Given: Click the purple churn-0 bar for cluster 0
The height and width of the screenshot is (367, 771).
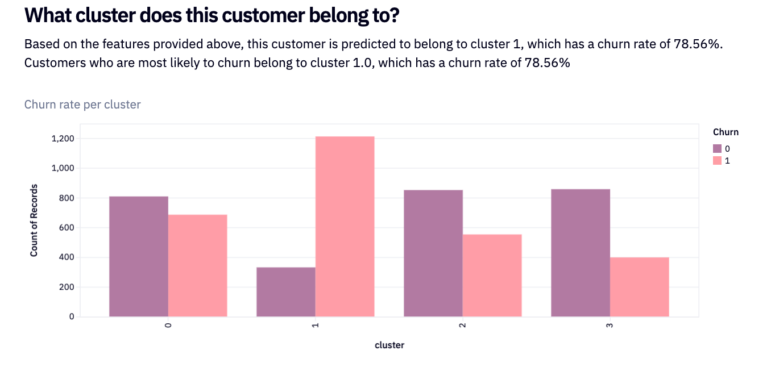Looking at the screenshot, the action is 139,256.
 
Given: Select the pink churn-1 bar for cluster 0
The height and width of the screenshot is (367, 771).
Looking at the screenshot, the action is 197,265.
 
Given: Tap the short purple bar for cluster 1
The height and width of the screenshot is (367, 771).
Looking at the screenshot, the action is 286,291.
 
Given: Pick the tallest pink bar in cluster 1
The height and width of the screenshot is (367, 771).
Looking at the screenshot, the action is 345,226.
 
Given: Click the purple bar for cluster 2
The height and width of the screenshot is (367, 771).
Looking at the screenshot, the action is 433,253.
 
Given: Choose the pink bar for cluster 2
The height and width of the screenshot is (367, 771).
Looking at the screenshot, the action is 492,276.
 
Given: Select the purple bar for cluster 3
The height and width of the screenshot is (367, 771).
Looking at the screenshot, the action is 581,253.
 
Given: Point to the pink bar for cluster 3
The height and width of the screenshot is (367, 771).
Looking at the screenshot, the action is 640,287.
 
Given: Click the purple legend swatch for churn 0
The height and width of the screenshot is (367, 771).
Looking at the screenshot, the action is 718,149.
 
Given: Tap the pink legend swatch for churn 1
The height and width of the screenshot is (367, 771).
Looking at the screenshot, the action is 718,161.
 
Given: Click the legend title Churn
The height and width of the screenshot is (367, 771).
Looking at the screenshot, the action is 726,132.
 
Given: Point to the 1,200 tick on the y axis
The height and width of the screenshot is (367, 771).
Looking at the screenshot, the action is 63,139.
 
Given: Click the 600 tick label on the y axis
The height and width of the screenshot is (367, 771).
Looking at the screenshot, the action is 67,228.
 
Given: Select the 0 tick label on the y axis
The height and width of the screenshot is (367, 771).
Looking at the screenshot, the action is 72,316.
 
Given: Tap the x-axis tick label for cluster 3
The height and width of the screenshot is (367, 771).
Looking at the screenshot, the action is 610,325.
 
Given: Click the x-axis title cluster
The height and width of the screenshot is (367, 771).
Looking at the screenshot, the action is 389,345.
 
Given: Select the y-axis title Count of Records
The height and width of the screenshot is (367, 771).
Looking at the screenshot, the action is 34,220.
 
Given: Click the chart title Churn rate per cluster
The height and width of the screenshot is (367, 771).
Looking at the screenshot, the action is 82,104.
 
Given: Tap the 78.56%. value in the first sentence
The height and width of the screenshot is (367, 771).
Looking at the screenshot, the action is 698,44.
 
